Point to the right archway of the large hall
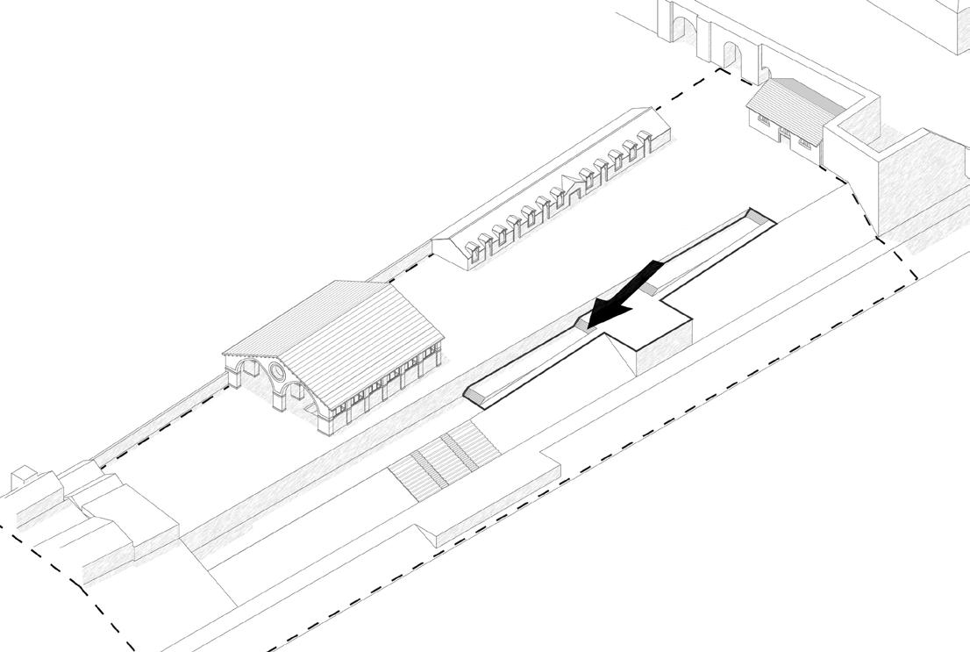pos(303,401)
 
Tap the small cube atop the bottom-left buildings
pos(22,479)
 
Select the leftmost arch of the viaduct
pos(687,36)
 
